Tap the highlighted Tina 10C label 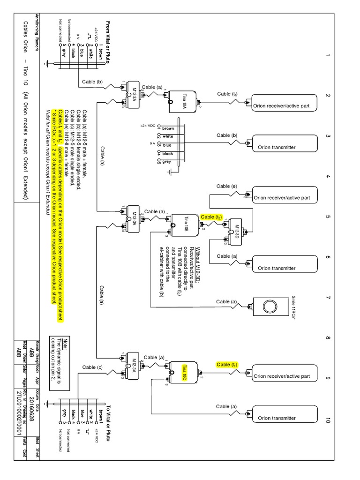(184, 368)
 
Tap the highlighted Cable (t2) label (211, 217)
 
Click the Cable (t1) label (227, 94)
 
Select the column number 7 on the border (328, 298)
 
